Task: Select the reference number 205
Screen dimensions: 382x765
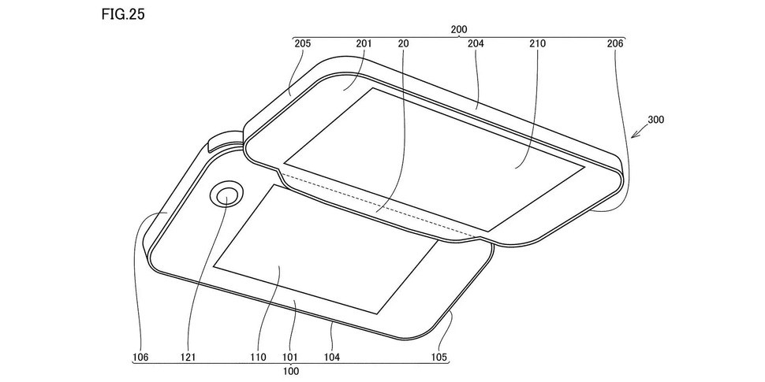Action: click(x=302, y=44)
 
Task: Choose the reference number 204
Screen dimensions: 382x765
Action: click(x=476, y=44)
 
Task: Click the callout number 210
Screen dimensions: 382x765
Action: click(x=538, y=44)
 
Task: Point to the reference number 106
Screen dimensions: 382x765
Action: click(x=140, y=358)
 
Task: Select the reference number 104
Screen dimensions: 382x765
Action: click(x=331, y=358)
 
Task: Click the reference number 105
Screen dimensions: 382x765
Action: click(x=439, y=358)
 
